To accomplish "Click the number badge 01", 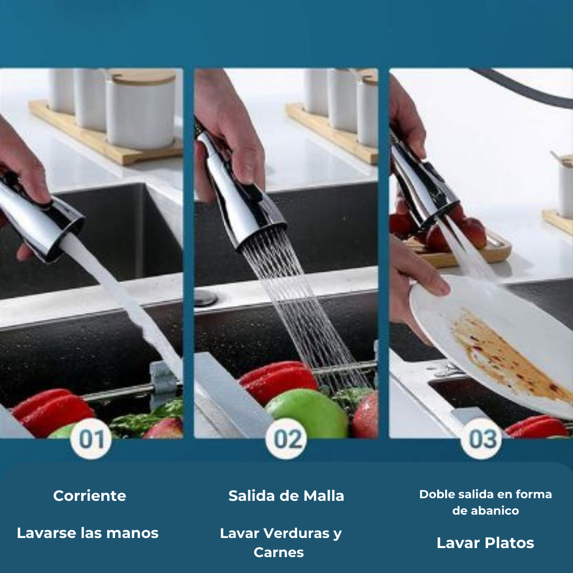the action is (x=91, y=438).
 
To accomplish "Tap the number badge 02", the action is (x=286, y=438).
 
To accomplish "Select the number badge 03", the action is (x=481, y=438).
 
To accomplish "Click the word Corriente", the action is (x=90, y=496).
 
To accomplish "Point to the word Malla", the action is (x=324, y=496).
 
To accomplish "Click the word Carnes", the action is (x=279, y=552).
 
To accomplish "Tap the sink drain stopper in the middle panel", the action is (x=206, y=298).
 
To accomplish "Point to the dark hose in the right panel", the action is (x=523, y=86).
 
